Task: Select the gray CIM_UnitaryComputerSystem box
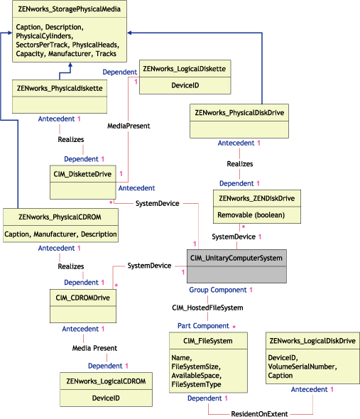(x=236, y=266)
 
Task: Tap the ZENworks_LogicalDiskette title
(x=184, y=68)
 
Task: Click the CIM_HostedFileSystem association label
(x=207, y=308)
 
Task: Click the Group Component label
(x=217, y=290)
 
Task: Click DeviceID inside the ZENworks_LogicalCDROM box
(x=105, y=398)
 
